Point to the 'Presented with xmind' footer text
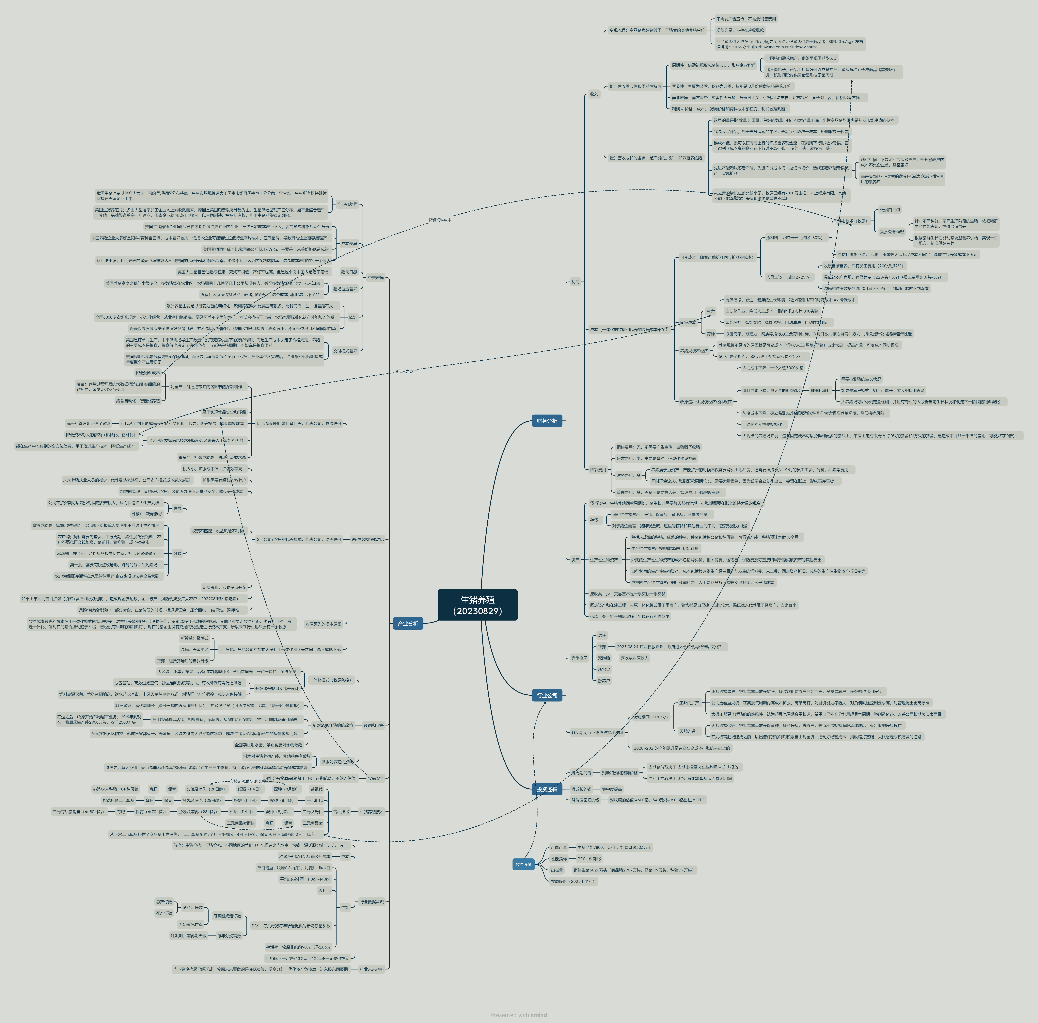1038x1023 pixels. pos(518,1015)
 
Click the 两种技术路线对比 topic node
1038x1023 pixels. pos(368,539)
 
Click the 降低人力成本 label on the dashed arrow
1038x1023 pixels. pos(406,371)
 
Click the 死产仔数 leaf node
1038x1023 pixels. pos(164,913)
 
